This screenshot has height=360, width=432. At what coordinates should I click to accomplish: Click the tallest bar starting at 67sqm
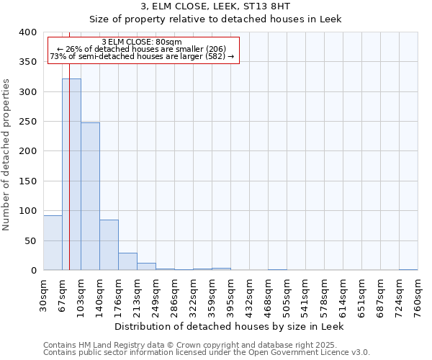[71, 174]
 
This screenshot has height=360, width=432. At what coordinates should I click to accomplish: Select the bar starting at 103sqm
[90, 196]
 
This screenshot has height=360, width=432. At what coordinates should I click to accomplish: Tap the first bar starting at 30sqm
[53, 243]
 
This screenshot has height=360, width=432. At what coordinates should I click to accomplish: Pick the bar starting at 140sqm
[109, 245]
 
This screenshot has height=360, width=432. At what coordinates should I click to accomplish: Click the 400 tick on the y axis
[28, 32]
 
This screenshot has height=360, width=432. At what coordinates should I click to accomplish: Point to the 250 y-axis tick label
[28, 122]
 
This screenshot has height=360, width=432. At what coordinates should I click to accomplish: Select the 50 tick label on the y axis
[31, 240]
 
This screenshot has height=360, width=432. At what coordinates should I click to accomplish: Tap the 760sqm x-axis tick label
[418, 294]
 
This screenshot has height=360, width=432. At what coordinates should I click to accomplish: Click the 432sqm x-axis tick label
[250, 294]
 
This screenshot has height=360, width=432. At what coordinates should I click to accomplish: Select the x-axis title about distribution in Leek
[229, 326]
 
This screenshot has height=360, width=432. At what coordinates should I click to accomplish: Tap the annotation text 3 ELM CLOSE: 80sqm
[142, 42]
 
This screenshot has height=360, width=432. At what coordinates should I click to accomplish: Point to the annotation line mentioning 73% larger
[142, 56]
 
